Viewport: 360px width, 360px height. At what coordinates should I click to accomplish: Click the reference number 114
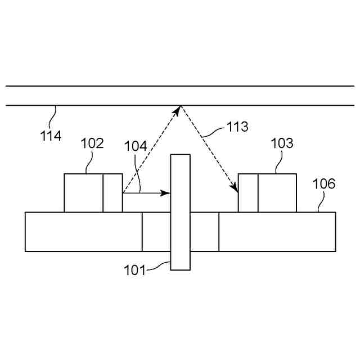pyautogui.click(x=51, y=135)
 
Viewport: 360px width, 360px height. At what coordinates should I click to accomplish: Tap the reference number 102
pyautogui.click(x=92, y=143)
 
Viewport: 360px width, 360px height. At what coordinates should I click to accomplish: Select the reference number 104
pyautogui.click(x=136, y=147)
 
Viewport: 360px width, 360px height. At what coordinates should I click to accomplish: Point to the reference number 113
pyautogui.click(x=237, y=127)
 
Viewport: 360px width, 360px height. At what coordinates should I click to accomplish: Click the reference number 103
pyautogui.click(x=282, y=143)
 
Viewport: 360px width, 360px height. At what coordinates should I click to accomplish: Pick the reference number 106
pyautogui.click(x=324, y=183)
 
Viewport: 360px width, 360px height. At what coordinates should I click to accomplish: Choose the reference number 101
pyautogui.click(x=134, y=271)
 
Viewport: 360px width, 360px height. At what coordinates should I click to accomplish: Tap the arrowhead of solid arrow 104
pyautogui.click(x=166, y=193)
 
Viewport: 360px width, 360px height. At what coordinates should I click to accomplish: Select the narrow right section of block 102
pyautogui.click(x=112, y=193)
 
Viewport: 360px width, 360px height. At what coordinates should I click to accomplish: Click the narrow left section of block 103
pyautogui.click(x=249, y=193)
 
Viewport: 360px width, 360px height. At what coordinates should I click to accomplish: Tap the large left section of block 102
pyautogui.click(x=83, y=193)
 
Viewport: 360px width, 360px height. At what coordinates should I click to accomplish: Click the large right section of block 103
pyautogui.click(x=277, y=193)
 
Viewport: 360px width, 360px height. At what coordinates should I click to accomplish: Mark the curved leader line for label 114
pyautogui.click(x=53, y=116)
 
